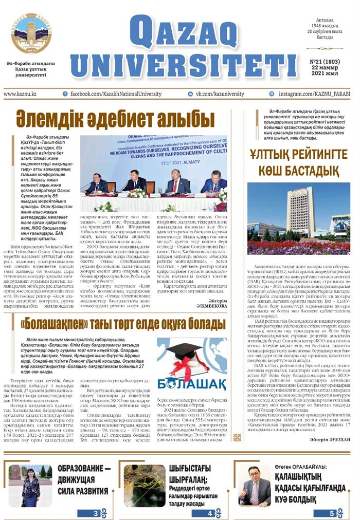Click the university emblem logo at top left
pos(31,34)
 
